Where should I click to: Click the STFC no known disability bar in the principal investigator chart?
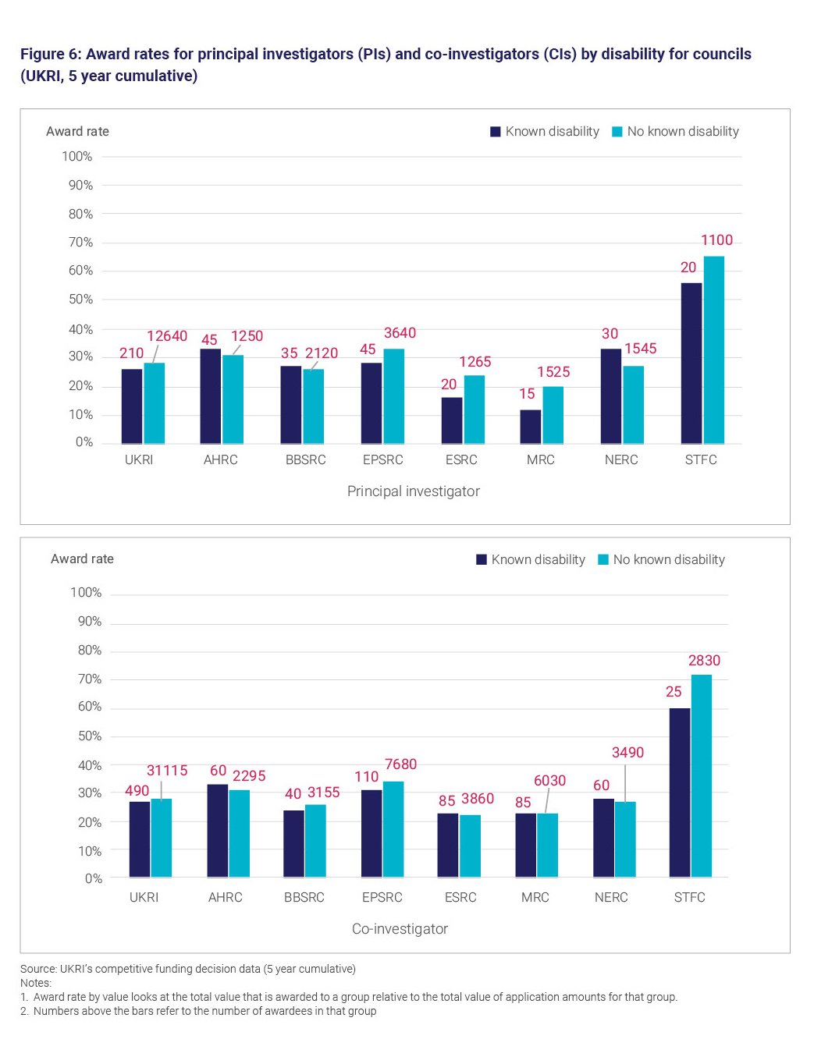(x=713, y=350)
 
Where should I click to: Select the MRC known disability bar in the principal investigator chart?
(x=531, y=427)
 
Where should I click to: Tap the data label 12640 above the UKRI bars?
(x=167, y=336)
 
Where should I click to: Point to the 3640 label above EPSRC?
(x=400, y=333)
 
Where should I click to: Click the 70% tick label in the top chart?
(x=80, y=243)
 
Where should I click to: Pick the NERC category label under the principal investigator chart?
(x=621, y=460)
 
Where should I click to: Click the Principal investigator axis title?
(x=413, y=491)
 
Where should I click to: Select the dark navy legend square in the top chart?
(x=495, y=132)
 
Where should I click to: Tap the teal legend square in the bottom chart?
(x=603, y=559)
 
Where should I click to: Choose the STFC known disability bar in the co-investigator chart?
(x=680, y=793)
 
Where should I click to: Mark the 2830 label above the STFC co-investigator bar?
(x=704, y=661)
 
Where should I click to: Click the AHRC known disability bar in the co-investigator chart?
(x=218, y=831)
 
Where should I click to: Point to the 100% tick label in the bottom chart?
(x=86, y=593)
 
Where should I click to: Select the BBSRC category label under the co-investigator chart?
(x=304, y=898)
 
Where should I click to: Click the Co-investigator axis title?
(x=400, y=928)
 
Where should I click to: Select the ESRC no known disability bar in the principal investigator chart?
(x=474, y=410)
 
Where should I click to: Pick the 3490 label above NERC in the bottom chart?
(x=627, y=753)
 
